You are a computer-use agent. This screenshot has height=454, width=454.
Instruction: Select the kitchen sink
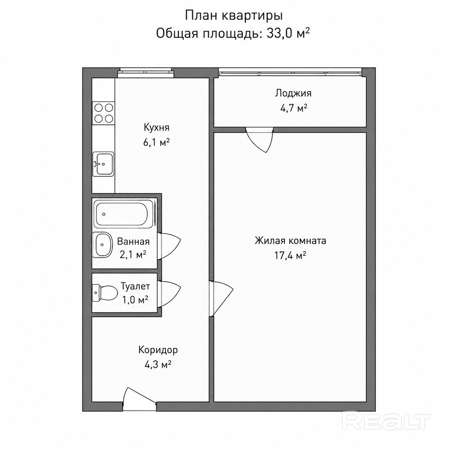point(103,164)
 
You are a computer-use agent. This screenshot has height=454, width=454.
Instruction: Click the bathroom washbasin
point(103,244)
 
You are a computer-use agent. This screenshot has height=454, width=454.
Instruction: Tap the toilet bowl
point(105,293)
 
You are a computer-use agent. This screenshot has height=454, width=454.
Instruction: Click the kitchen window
point(146,72)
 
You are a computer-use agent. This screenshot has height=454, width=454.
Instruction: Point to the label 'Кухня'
point(156,127)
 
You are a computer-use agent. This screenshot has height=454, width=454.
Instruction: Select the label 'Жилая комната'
point(290,241)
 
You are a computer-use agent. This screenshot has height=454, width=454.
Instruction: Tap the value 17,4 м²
point(290,255)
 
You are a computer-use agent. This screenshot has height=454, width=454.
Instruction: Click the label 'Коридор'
point(158,350)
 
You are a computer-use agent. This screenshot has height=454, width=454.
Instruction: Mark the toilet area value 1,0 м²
point(135,300)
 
